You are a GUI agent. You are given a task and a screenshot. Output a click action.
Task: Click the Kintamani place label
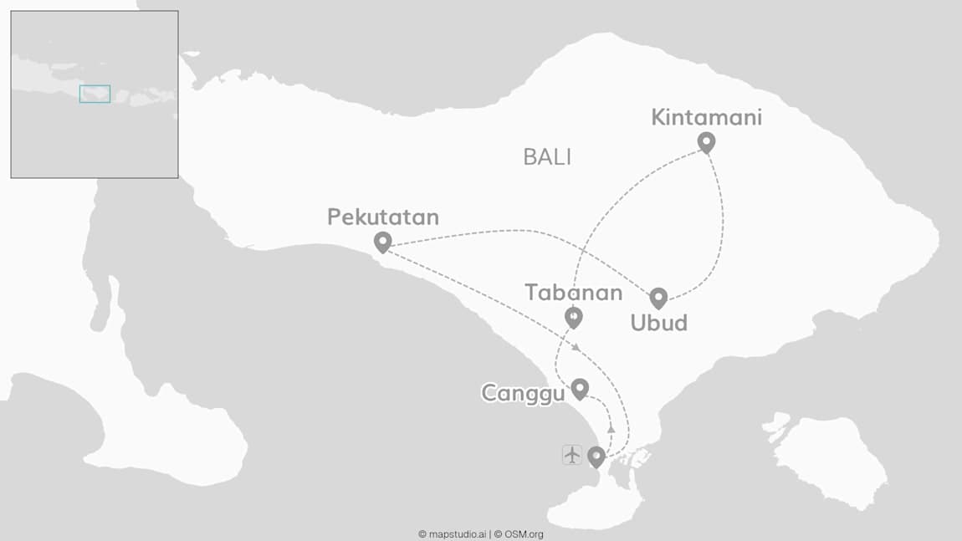tap(706, 118)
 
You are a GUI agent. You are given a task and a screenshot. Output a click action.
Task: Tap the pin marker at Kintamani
tap(707, 142)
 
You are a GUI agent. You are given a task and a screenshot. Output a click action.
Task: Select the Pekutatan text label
tap(383, 217)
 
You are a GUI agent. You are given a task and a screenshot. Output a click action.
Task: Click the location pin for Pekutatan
tap(383, 242)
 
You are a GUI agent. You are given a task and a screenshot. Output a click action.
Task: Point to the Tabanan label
tap(573, 293)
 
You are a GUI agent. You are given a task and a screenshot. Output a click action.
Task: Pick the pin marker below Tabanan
tap(573, 316)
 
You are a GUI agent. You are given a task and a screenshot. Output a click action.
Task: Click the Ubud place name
tap(658, 323)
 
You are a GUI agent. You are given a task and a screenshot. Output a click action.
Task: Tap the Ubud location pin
tap(658, 297)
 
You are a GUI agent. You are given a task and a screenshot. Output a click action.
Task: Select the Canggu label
tap(523, 393)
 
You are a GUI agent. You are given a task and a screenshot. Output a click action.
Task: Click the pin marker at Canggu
tap(579, 388)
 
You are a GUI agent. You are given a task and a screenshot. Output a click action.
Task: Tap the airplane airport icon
tap(572, 455)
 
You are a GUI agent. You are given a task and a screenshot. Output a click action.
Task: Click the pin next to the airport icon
tap(596, 456)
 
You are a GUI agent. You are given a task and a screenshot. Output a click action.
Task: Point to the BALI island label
tap(547, 157)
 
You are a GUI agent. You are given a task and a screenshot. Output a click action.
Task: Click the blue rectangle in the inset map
tap(95, 94)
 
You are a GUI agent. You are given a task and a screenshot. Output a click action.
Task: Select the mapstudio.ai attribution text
tap(452, 534)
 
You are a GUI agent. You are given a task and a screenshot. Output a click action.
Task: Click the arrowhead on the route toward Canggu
tap(611, 428)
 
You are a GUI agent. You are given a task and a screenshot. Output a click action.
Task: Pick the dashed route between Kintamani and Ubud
tap(720, 226)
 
